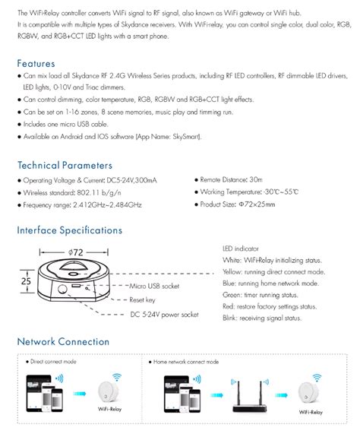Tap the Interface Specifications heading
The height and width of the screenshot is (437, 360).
tap(69, 230)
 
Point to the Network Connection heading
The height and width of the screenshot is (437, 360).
tap(63, 341)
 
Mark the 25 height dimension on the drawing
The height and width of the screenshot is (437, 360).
tap(25, 281)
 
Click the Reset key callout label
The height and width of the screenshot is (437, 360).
tap(142, 299)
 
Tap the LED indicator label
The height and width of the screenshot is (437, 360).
tap(240, 248)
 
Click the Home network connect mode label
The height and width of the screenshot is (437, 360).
tap(186, 362)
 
